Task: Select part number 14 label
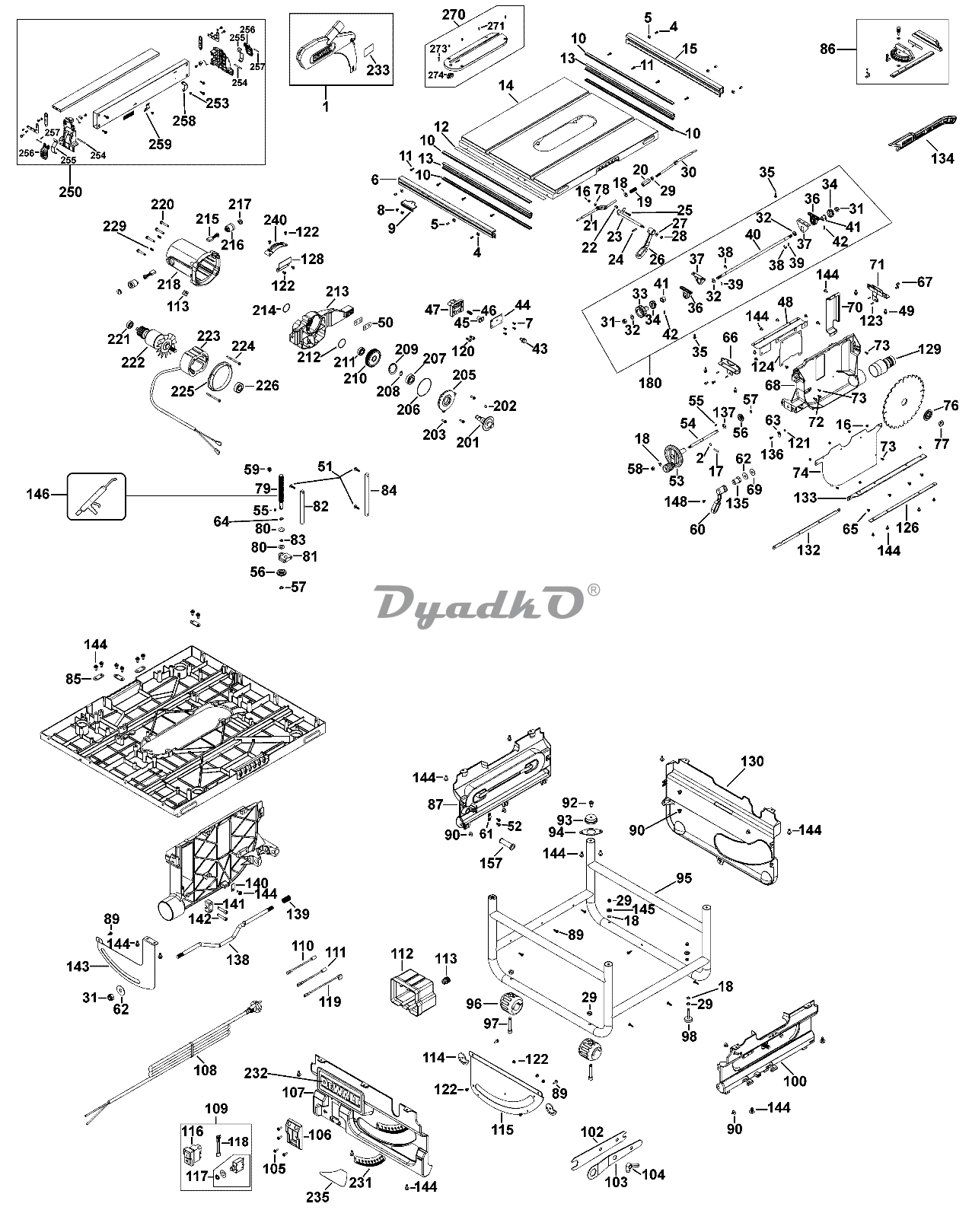coord(507,87)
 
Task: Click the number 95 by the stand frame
coord(684,878)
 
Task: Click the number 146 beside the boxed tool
coord(37,495)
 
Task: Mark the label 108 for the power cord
coord(206,1070)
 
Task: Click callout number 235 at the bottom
coord(317,1196)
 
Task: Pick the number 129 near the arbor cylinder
coord(929,350)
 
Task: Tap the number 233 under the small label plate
coord(378,70)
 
